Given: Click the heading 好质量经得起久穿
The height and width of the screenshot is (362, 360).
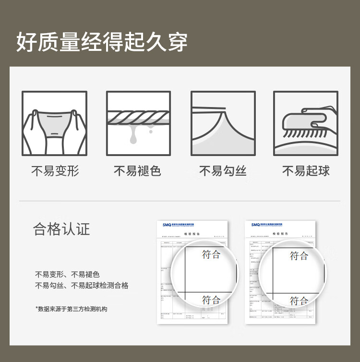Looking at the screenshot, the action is pos(102,42).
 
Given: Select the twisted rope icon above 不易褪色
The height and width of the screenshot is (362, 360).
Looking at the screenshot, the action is pos(138,123).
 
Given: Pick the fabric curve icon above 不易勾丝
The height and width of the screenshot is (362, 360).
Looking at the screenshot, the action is pos(223,123).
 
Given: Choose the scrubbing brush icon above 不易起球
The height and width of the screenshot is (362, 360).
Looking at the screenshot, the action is pos(305,123).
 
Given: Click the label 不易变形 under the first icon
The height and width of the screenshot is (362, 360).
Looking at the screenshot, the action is pos(55,171).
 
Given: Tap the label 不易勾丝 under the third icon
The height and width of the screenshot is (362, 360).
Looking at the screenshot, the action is pos(223,171).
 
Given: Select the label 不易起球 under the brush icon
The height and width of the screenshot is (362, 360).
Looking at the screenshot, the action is pos(306,171).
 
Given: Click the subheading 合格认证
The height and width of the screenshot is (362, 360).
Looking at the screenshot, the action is pos(61,229).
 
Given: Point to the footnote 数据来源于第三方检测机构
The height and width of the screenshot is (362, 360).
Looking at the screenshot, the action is pos(71,309).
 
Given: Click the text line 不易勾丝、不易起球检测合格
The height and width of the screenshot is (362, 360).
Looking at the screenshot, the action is pos(82,286).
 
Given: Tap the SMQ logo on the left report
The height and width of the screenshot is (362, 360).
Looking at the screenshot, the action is pos(167,225).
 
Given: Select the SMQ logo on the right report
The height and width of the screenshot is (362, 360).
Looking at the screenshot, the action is pos(255,225).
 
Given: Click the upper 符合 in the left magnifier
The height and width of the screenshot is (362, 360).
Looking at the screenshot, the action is pos(211,254).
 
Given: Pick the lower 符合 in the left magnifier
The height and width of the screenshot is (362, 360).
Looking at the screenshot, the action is pos(211,300).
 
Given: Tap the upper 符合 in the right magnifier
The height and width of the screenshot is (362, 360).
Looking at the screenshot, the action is pos(299,255).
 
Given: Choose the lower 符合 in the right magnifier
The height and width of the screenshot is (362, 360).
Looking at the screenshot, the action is pos(299,301).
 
